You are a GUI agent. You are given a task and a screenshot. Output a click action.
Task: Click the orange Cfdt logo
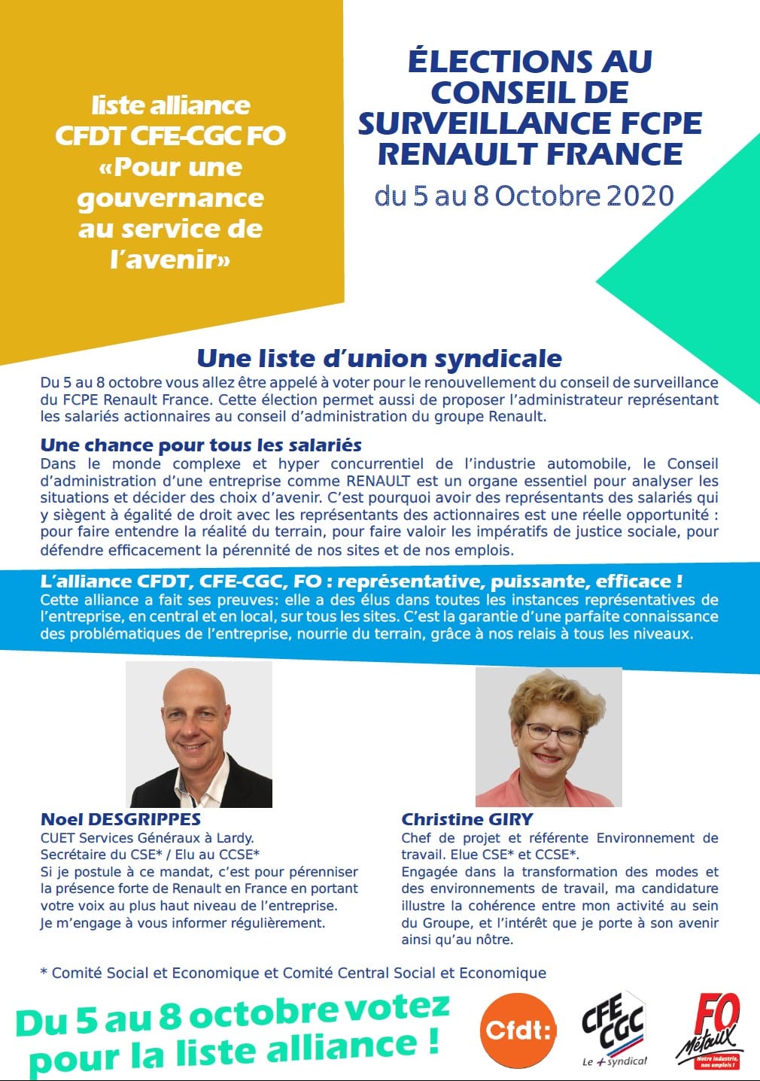[x=518, y=1030]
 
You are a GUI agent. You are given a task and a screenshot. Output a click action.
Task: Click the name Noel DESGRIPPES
[x=120, y=819]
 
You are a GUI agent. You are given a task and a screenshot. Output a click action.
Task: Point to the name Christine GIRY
[x=467, y=819]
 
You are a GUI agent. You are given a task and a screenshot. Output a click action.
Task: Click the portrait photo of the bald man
[x=199, y=734]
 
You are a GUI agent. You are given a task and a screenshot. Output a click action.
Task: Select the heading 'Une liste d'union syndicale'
[x=379, y=358]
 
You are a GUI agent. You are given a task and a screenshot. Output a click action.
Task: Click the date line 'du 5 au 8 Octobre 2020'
[x=524, y=196]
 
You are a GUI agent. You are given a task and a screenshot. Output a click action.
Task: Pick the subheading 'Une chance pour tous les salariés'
[x=201, y=445]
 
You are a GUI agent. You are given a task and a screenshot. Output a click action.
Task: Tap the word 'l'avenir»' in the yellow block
[x=170, y=260]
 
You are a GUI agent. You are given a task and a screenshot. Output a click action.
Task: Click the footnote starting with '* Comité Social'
[x=293, y=973]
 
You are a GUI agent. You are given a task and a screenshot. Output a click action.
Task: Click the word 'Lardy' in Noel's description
[x=234, y=838]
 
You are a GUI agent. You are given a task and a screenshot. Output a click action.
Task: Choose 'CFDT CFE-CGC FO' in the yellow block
[x=170, y=135]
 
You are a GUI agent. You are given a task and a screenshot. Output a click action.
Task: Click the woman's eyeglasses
[x=553, y=732]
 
